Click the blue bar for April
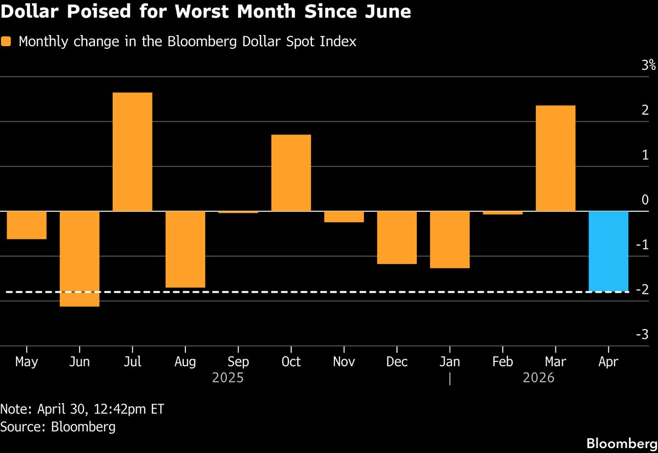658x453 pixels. pos(609,251)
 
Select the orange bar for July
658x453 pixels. pos(132,152)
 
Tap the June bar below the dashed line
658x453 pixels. pos(80,300)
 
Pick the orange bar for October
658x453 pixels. pos(291,172)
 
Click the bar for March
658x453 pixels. pos(555,158)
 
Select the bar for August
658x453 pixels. pos(185,249)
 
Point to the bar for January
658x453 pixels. pos(450,239)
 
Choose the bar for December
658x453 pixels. pos(397,237)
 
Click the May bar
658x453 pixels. pos(26,225)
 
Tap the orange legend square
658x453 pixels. pos(6,42)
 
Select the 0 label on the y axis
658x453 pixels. pos(645,200)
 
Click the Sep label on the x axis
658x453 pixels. pos(238,362)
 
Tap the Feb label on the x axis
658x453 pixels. pos(503,362)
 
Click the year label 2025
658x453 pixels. pos(228,378)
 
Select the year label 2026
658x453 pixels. pos(538,378)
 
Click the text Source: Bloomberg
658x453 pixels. pos(58,427)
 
